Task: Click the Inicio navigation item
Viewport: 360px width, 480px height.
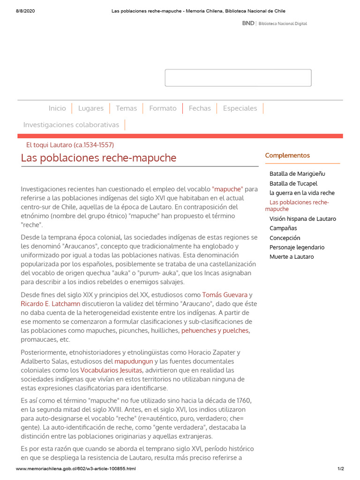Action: pyautogui.click(x=57, y=108)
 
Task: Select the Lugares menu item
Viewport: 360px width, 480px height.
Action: pyautogui.click(x=91, y=108)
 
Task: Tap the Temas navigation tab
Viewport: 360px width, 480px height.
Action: pyautogui.click(x=127, y=108)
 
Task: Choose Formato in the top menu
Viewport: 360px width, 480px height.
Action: pyautogui.click(x=163, y=108)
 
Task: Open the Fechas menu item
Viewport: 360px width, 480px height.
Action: pyautogui.click(x=200, y=108)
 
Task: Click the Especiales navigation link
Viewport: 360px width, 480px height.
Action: pyautogui.click(x=240, y=108)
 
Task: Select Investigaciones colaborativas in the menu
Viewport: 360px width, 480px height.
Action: pyautogui.click(x=71, y=125)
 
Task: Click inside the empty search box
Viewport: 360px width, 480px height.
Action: pyautogui.click(x=238, y=78)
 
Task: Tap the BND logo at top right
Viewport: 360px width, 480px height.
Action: pyautogui.click(x=248, y=23)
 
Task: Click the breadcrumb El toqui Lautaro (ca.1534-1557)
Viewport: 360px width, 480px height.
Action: pyautogui.click(x=70, y=145)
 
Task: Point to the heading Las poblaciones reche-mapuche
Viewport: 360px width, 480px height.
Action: pyautogui.click(x=99, y=158)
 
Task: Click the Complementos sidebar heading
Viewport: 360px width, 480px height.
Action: pyautogui.click(x=287, y=156)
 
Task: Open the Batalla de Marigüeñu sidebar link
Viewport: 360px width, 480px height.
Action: pyautogui.click(x=297, y=174)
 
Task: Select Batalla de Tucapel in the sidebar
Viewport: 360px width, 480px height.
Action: pyautogui.click(x=293, y=183)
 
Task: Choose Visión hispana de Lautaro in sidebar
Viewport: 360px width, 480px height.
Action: pyautogui.click(x=303, y=219)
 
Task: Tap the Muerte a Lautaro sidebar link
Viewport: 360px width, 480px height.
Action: pyautogui.click(x=292, y=257)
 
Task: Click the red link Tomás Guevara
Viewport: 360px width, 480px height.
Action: pyautogui.click(x=225, y=295)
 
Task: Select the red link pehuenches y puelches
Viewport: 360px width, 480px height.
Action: pyautogui.click(x=215, y=330)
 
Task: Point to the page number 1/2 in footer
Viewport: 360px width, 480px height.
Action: pyautogui.click(x=341, y=469)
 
